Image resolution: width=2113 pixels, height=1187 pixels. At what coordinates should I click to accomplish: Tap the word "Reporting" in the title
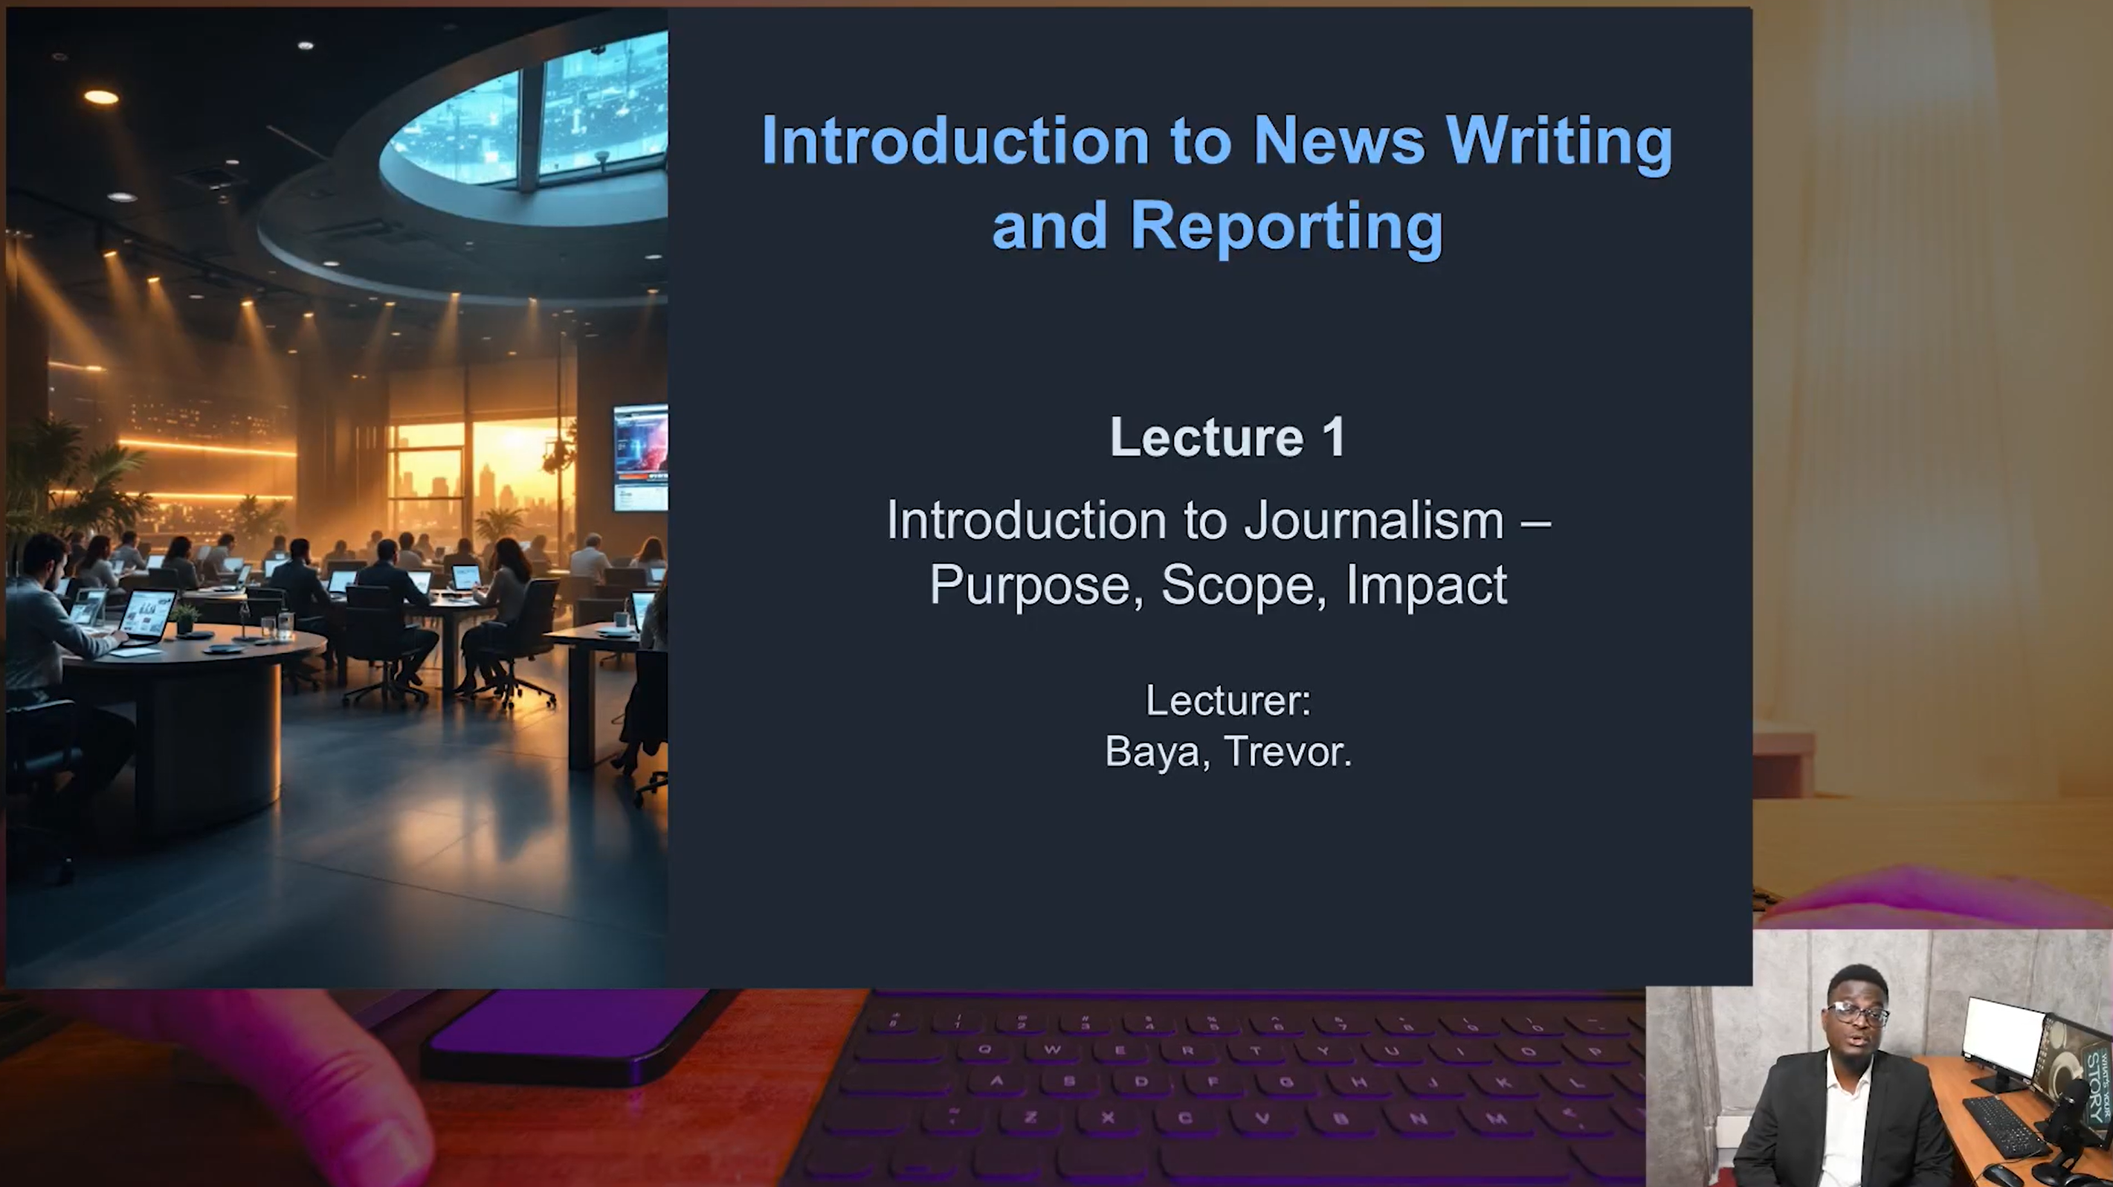click(x=1286, y=228)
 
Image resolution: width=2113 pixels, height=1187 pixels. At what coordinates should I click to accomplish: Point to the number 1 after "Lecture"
click(x=1334, y=437)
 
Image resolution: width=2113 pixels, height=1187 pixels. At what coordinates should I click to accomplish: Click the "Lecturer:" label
click(x=1228, y=701)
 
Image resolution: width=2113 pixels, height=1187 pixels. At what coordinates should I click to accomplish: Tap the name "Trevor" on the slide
click(x=1286, y=751)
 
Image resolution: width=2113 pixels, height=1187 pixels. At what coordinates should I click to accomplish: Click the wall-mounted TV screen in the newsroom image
click(x=641, y=457)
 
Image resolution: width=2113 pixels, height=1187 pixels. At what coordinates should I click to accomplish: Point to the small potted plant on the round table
click(x=185, y=618)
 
